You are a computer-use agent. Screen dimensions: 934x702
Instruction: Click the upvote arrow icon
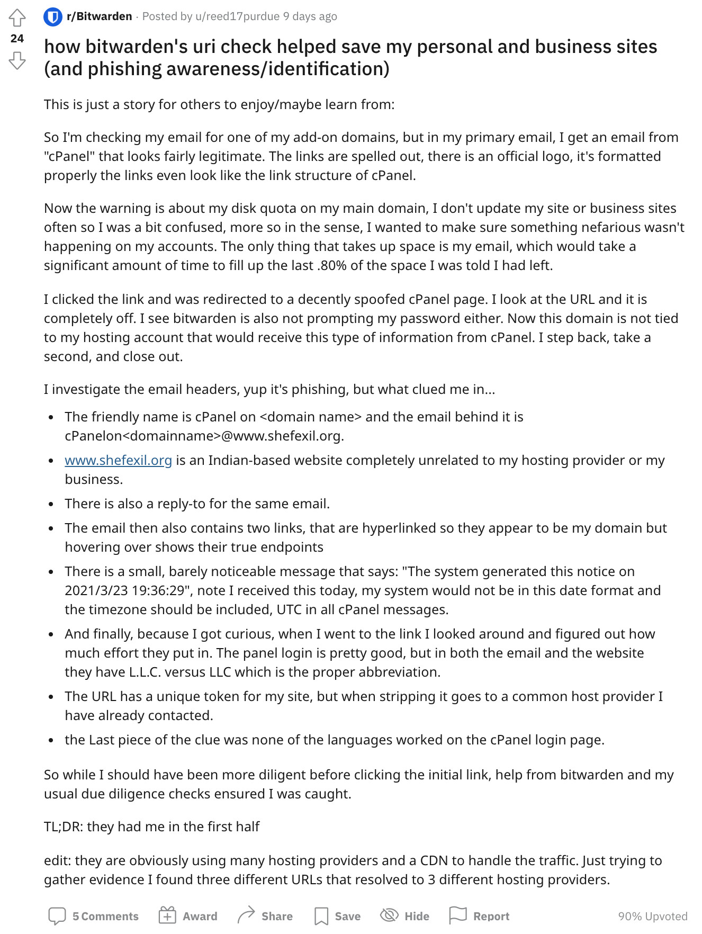(x=17, y=17)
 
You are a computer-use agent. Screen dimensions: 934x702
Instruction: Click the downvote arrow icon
(x=17, y=60)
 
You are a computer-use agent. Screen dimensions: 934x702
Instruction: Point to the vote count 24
(x=17, y=39)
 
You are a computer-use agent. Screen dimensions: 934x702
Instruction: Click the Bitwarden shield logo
(x=52, y=17)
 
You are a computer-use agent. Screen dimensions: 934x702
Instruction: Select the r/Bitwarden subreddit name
(x=99, y=16)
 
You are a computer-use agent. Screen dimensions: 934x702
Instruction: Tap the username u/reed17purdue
(x=237, y=16)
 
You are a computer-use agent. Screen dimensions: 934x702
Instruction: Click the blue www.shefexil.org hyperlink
(x=118, y=460)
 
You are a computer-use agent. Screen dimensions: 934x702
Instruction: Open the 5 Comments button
(x=94, y=916)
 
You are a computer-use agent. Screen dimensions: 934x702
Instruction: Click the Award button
(x=188, y=916)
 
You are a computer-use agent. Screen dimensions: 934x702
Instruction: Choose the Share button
(x=265, y=916)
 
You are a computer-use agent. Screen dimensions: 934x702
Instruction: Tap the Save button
(x=337, y=916)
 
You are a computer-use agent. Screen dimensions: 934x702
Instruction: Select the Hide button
(x=405, y=916)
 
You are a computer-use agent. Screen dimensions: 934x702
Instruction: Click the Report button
(x=479, y=916)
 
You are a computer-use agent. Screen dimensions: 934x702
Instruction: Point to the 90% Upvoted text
(x=652, y=916)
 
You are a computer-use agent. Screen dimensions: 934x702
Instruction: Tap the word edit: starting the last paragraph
(x=58, y=860)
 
